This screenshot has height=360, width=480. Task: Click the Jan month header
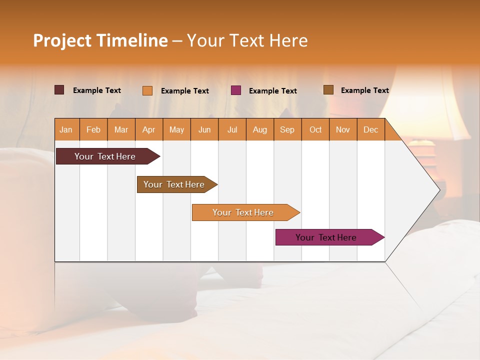click(66, 129)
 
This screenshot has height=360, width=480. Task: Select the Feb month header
click(93, 129)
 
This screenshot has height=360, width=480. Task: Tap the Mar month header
click(121, 129)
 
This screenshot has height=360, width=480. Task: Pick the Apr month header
click(149, 129)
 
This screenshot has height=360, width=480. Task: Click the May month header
click(176, 129)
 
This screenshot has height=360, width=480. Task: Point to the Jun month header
click(204, 129)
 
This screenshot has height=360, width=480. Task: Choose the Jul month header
click(232, 129)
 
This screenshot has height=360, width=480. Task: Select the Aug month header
click(260, 129)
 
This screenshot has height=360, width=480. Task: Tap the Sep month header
click(287, 129)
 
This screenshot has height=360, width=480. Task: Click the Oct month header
click(315, 129)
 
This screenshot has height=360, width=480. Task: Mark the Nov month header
click(343, 129)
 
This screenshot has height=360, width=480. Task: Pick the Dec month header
click(371, 129)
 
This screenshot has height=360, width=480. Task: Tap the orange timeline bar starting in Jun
click(243, 212)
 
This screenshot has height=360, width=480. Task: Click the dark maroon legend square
click(59, 90)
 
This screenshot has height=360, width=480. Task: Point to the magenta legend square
click(236, 90)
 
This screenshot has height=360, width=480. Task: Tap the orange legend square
click(147, 90)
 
